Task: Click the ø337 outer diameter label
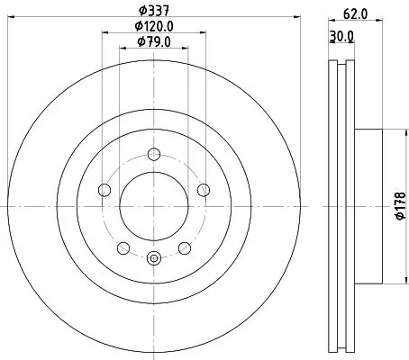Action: tap(153, 10)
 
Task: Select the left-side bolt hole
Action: tap(104, 189)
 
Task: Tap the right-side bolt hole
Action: tap(204, 189)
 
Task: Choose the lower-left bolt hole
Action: tap(123, 247)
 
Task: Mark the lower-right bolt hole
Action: tap(185, 247)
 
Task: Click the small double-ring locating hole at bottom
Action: tap(153, 259)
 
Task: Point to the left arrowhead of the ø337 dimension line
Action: tap(10, 19)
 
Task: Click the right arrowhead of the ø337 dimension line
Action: tap(296, 19)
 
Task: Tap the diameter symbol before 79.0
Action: tap(141, 41)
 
